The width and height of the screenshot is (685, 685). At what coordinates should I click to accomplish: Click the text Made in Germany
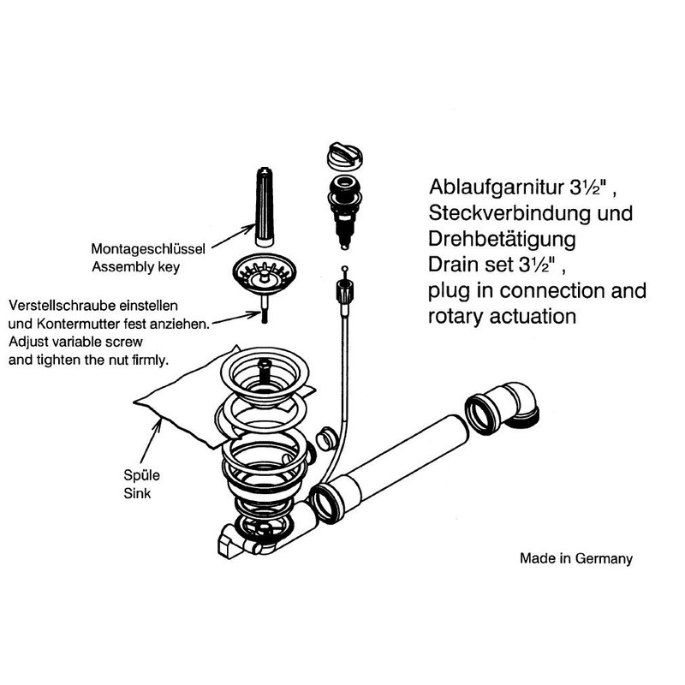point(576,558)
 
